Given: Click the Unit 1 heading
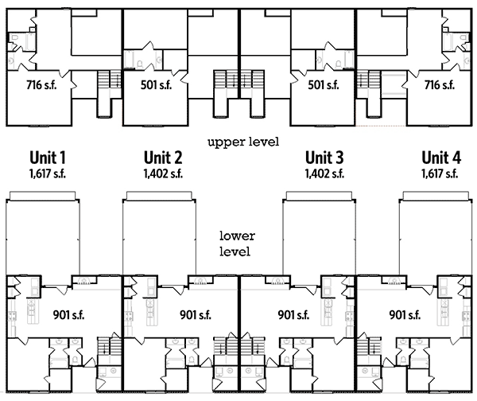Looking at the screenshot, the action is coord(48,158).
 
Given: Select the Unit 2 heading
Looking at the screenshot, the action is coord(163,158).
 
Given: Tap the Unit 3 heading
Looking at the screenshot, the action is coord(324,158).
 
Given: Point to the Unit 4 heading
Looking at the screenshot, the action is coord(441,158).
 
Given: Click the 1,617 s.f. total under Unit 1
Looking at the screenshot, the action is coord(48,173).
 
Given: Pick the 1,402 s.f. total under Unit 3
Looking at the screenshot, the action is coord(324,173).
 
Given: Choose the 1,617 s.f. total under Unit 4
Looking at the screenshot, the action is coord(440,173).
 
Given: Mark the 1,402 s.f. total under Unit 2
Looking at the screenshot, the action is coord(163,173).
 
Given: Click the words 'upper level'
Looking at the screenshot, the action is coord(243,142).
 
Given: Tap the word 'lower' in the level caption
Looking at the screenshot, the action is coord(237,236).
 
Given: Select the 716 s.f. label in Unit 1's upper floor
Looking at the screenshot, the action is coord(41,85).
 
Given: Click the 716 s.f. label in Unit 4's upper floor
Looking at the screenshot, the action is coord(440,85).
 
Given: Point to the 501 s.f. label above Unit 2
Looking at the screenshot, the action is coord(156,85).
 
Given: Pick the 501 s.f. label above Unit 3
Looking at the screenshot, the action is coord(324,85).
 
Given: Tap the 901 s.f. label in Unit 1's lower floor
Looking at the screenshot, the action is coord(68,315).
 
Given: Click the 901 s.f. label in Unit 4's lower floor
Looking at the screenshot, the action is coord(405,315).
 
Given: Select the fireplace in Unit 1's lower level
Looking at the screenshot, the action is coord(84,280).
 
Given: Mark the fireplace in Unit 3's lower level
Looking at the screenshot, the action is coord(277,280).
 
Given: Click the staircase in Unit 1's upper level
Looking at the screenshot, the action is coord(109,80).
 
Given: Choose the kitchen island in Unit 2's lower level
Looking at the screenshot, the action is coord(150,312).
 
